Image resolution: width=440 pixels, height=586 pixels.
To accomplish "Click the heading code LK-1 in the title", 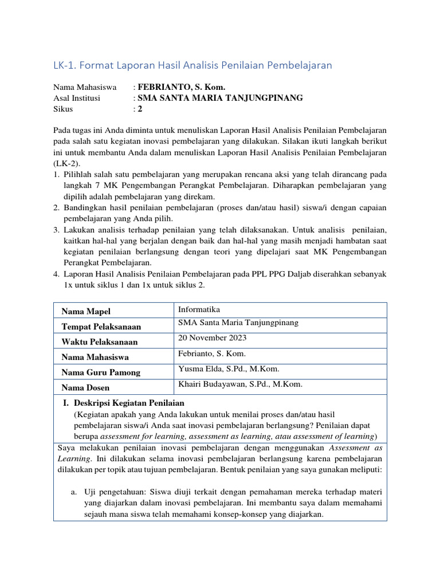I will tap(64, 66).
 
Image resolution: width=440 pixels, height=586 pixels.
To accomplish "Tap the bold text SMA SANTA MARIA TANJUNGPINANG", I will tap(219, 98).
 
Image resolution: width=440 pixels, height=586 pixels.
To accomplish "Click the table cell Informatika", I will tap(199, 310).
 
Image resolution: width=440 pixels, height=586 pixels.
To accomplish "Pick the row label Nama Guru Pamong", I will tap(101, 373).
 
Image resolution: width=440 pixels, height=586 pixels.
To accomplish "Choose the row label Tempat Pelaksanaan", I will tap(101, 326).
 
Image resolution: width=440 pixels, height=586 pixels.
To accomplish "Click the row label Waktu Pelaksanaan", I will tap(100, 342).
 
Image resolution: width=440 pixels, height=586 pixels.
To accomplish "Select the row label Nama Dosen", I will tap(87, 388).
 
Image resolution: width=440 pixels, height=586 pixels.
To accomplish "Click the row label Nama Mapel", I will tap(86, 311).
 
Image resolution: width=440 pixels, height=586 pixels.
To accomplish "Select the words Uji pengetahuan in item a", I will tap(112, 492).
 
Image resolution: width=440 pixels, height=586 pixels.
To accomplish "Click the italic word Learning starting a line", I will tap(73, 458).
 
